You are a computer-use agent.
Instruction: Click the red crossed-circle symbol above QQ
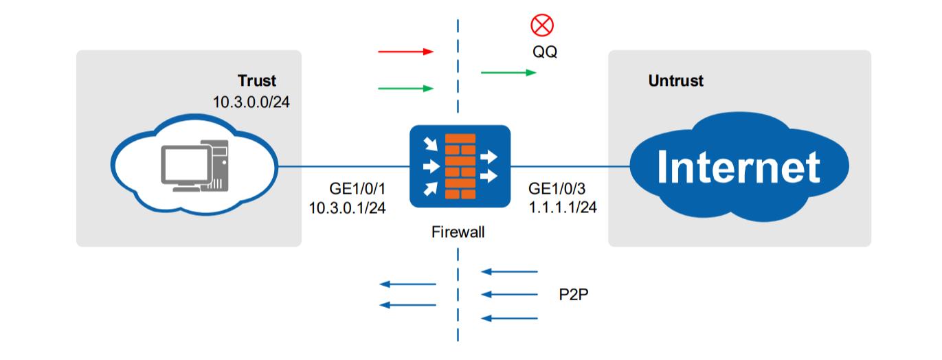[542, 25]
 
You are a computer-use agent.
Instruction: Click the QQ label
[544, 52]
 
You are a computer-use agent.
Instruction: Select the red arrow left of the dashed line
[405, 52]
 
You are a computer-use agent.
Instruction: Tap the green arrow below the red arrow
[405, 88]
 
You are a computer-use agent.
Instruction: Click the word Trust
[256, 80]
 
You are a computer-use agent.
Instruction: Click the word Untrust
[675, 81]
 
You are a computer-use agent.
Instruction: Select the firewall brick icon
[460, 167]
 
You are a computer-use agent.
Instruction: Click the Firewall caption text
[458, 232]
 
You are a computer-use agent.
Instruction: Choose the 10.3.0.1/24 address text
[348, 207]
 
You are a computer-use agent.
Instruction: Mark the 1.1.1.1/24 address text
[563, 207]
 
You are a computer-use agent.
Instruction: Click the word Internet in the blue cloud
[738, 167]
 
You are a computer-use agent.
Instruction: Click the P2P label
[573, 295]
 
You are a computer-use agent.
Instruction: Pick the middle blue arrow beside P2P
[510, 295]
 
